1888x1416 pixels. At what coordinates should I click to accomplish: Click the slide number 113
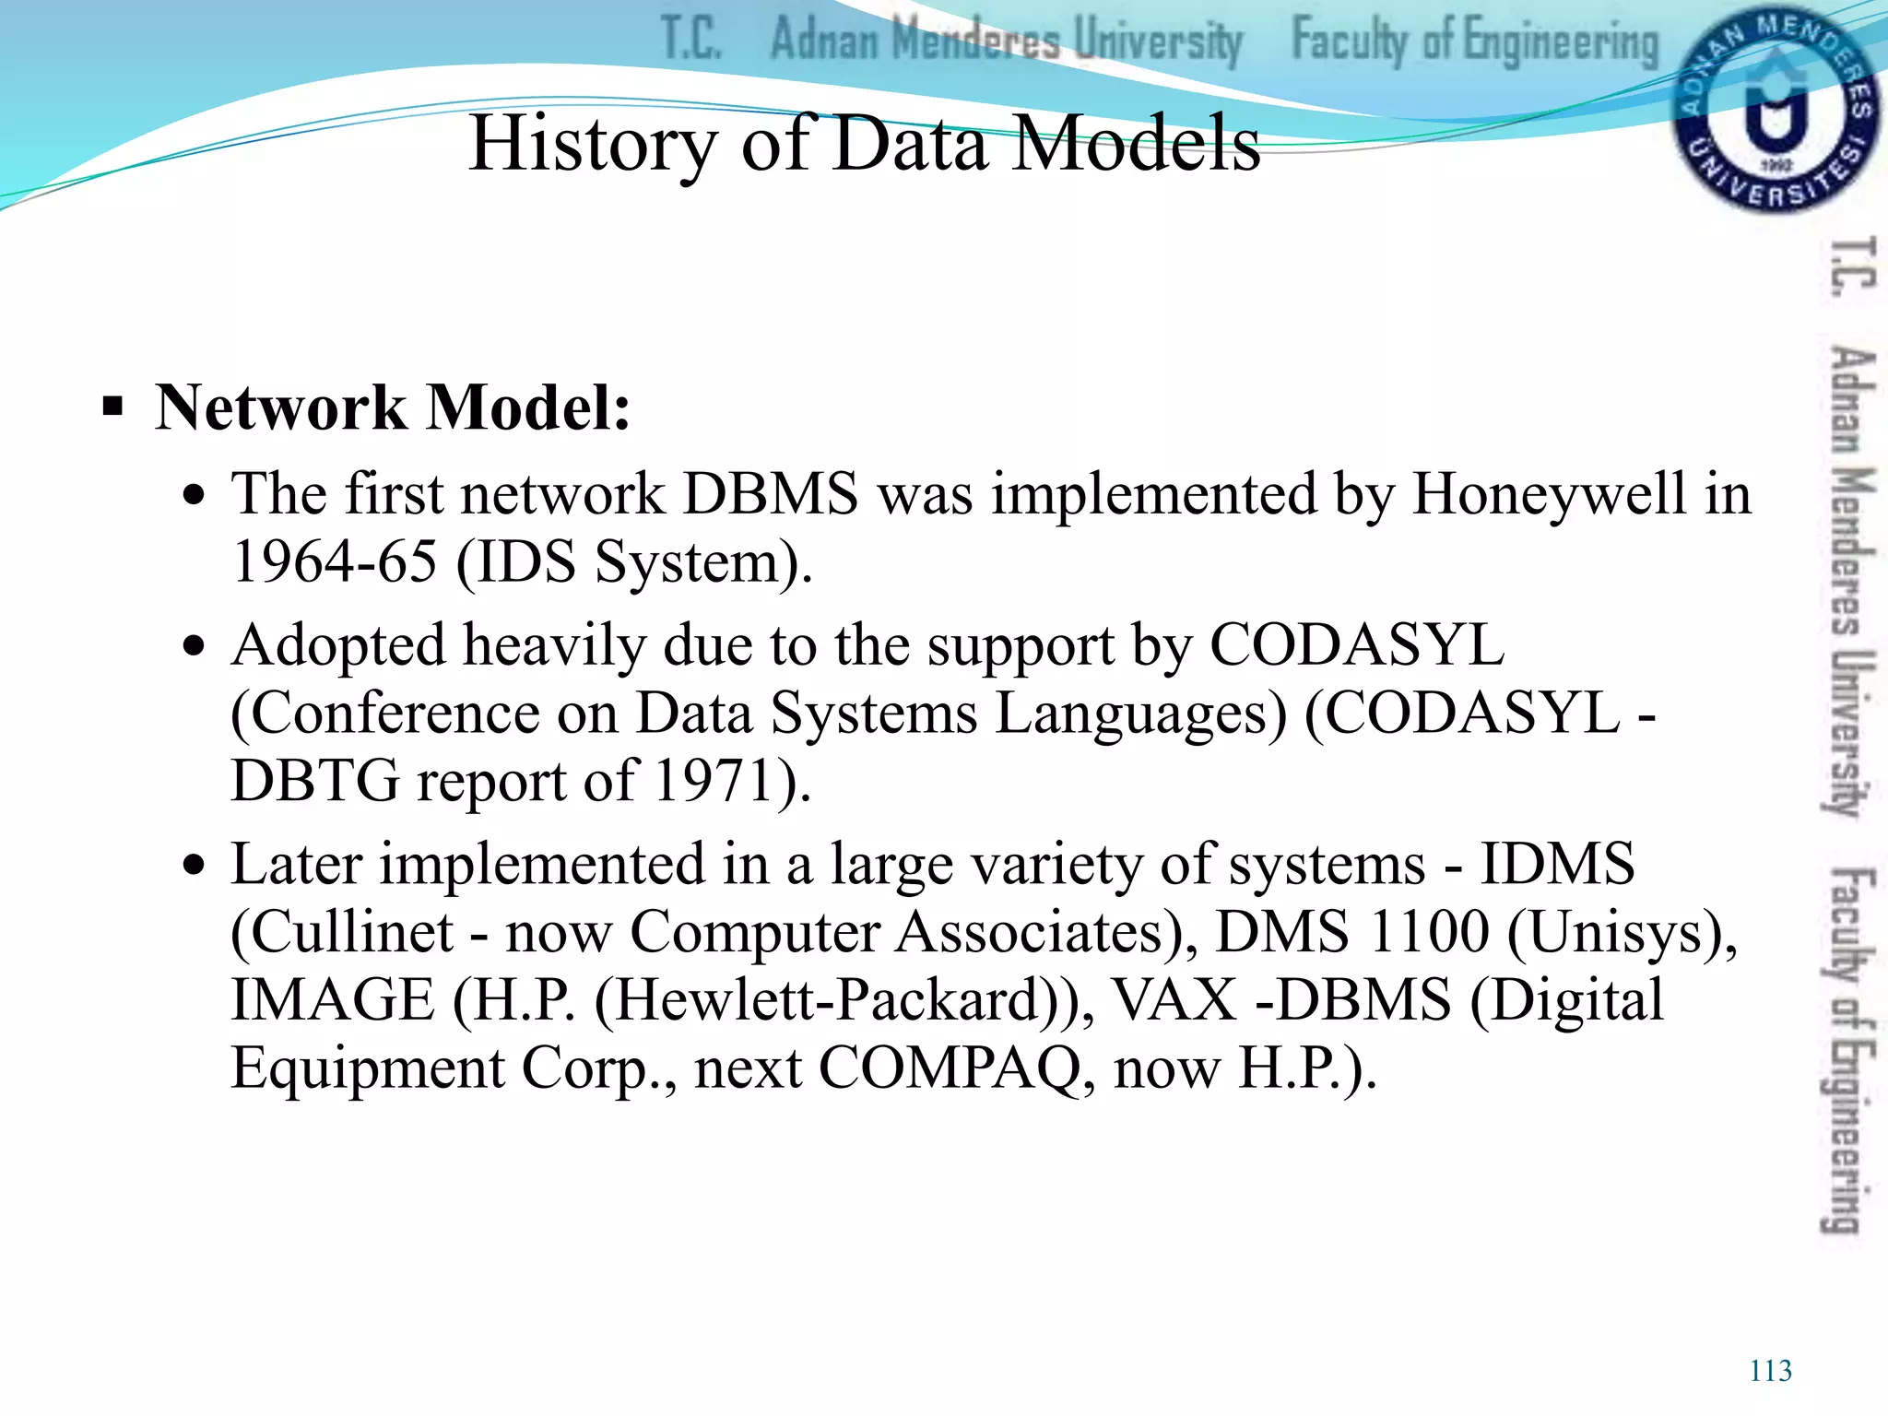(x=1770, y=1371)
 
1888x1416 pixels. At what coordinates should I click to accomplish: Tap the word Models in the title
(x=1137, y=144)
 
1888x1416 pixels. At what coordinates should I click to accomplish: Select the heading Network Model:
(x=393, y=407)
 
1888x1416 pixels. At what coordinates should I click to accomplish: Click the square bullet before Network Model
(x=112, y=407)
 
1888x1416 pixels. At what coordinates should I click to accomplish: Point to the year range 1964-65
(x=334, y=561)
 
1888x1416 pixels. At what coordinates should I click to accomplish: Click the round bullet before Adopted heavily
(x=194, y=646)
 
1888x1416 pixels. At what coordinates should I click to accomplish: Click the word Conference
(x=395, y=714)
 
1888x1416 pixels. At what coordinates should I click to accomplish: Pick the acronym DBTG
(x=315, y=781)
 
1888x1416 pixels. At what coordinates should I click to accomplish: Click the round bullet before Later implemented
(x=194, y=866)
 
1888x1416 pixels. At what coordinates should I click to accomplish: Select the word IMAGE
(x=332, y=1000)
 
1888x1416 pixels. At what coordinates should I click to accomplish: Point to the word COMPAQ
(x=950, y=1068)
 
